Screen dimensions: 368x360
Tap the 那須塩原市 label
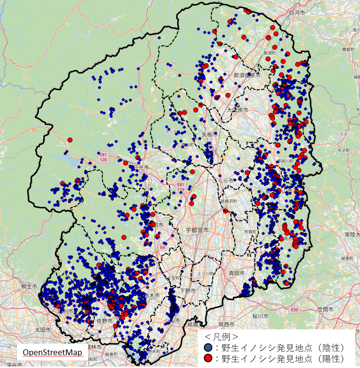(x=247, y=75)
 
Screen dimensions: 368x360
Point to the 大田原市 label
(x=238, y=110)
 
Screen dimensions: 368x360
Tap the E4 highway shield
(x=162, y=247)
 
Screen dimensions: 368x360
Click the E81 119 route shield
(x=180, y=186)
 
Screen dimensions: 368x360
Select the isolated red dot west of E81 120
(x=70, y=140)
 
